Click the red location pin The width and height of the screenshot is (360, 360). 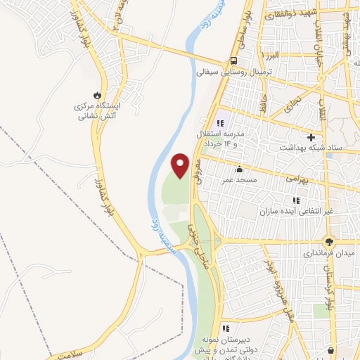pyautogui.click(x=181, y=165)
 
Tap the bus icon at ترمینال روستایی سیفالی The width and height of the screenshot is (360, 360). pyautogui.click(x=233, y=60)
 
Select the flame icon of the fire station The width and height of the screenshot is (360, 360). pyautogui.click(x=97, y=95)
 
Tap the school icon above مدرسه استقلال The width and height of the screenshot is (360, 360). pyautogui.click(x=220, y=123)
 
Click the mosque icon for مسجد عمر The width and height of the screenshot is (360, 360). pyautogui.click(x=240, y=169)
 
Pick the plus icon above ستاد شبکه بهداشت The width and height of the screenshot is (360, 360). pyautogui.click(x=310, y=136)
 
